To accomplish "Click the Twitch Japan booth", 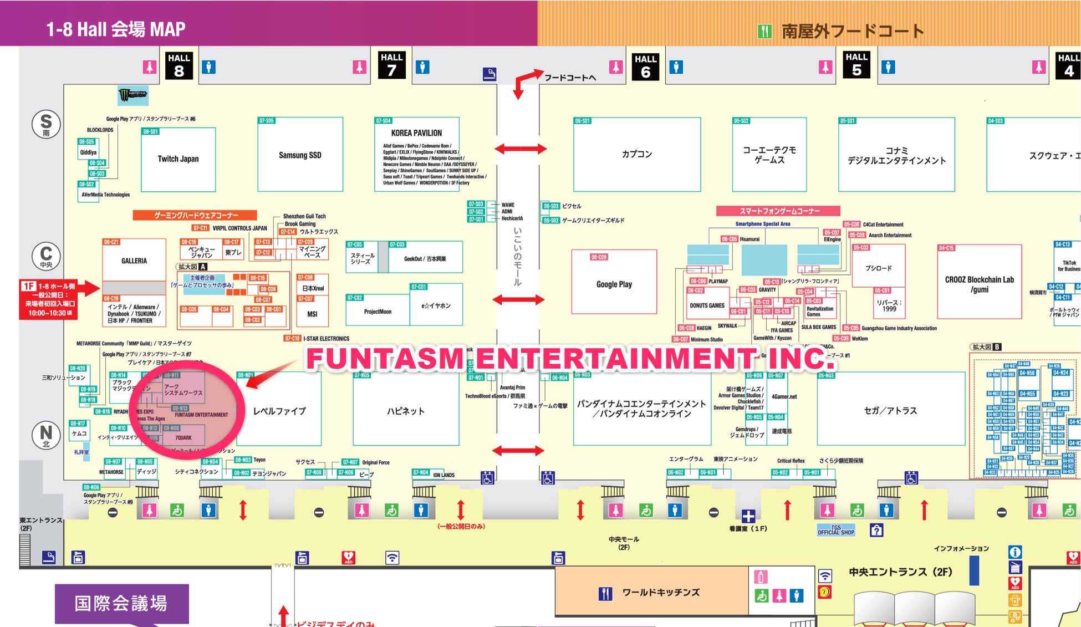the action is pyautogui.click(x=178, y=159).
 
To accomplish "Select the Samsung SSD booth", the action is pyautogui.click(x=300, y=155).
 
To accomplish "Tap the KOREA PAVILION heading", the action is pyautogui.click(x=416, y=133).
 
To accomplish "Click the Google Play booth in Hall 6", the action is pyautogui.click(x=614, y=284).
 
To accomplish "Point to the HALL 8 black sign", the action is pyautogui.click(x=179, y=65).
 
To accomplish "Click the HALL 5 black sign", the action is pyautogui.click(x=856, y=64).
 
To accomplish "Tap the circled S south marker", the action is pyautogui.click(x=46, y=123).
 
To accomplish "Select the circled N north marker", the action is pyautogui.click(x=46, y=435).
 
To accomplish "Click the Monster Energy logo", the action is pyautogui.click(x=133, y=95).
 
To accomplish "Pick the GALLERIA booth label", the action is pyautogui.click(x=134, y=261).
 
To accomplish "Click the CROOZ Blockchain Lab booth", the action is pyautogui.click(x=979, y=284).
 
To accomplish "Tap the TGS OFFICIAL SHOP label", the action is pyautogui.click(x=836, y=531).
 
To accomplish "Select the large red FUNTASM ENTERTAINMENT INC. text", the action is pyautogui.click(x=569, y=358).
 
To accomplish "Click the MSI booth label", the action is pyautogui.click(x=312, y=314).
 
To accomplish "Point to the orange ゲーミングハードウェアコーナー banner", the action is pyautogui.click(x=195, y=215).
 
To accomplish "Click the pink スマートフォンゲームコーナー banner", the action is pyautogui.click(x=778, y=211).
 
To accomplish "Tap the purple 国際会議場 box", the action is pyautogui.click(x=121, y=603).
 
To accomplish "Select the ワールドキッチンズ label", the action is pyautogui.click(x=661, y=593).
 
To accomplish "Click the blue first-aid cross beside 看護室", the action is pyautogui.click(x=748, y=516).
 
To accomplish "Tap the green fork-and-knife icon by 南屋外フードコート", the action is pyautogui.click(x=764, y=32).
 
